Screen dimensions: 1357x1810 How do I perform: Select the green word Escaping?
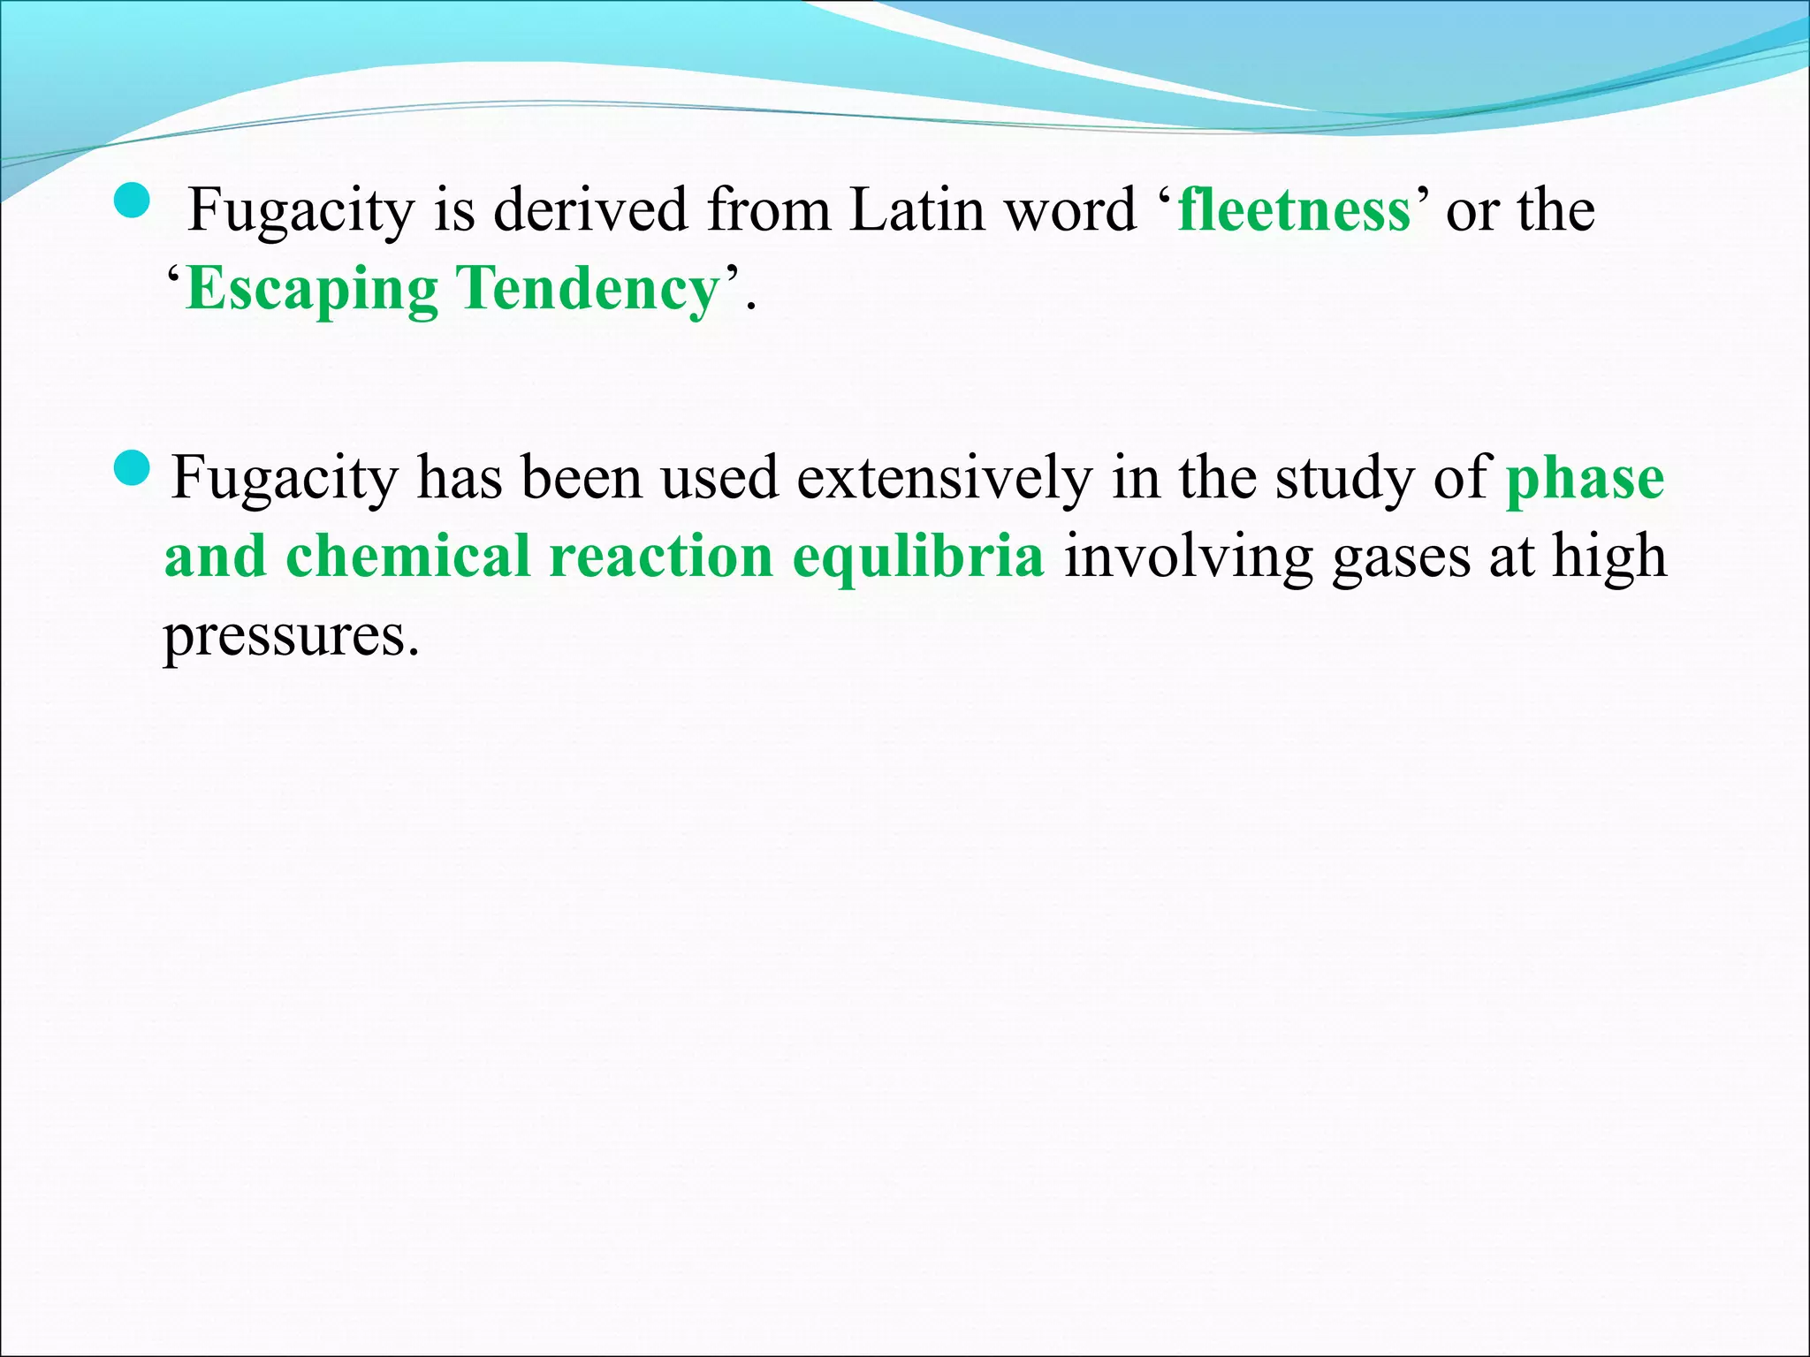(x=312, y=290)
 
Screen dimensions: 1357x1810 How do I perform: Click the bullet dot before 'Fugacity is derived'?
(x=133, y=202)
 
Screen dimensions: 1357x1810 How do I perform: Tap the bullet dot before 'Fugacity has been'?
(x=133, y=468)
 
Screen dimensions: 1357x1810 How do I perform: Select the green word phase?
(x=1586, y=479)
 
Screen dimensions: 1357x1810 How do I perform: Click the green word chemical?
(x=407, y=557)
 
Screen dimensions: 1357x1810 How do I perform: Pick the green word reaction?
(x=661, y=557)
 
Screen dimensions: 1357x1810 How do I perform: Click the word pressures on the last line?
(x=291, y=636)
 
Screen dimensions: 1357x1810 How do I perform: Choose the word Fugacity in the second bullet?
(x=285, y=479)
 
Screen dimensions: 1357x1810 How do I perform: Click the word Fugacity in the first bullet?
(x=301, y=212)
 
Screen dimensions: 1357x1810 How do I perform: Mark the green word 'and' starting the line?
(x=215, y=557)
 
